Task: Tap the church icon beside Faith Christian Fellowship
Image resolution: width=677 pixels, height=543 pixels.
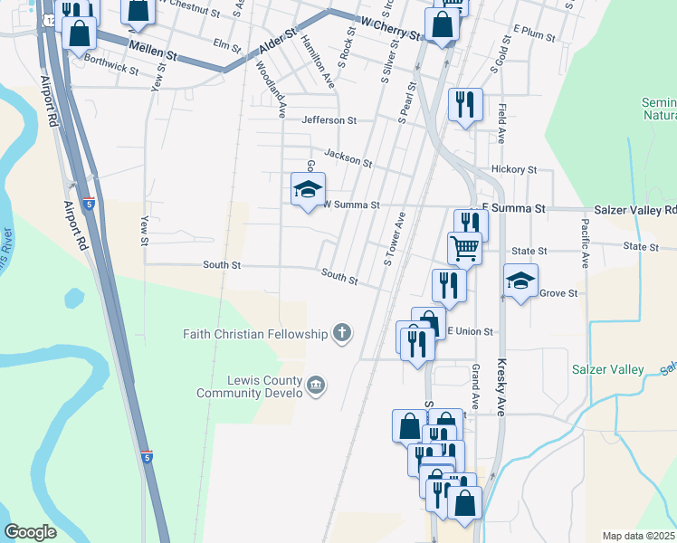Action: click(342, 334)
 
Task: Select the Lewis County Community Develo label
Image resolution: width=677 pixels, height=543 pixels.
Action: click(251, 386)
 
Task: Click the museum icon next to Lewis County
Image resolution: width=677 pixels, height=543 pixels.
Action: click(316, 386)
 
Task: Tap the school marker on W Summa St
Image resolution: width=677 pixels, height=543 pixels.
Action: click(307, 189)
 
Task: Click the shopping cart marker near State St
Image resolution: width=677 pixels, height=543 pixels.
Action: click(464, 246)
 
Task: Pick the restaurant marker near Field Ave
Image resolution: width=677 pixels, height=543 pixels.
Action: click(464, 105)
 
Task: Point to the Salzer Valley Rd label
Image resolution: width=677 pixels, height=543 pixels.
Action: click(635, 209)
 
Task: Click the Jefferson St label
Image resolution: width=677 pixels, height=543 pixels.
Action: click(329, 119)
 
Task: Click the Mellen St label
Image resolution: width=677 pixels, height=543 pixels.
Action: click(150, 52)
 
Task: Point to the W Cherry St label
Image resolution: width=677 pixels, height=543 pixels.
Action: click(390, 33)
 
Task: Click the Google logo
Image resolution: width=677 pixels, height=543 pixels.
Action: click(31, 532)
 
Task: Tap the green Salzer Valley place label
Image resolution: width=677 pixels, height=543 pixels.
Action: click(607, 369)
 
